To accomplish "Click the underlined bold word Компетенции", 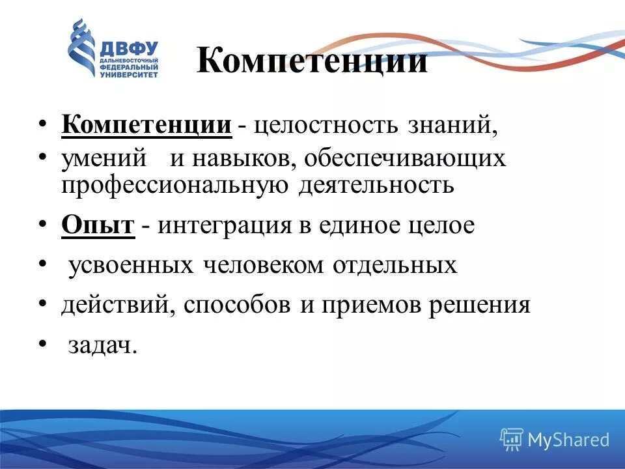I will pos(146,124).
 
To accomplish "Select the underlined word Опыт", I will pos(98,225).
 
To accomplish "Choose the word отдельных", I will pos(395,266).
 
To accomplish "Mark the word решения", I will pos(478,306).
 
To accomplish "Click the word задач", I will pos(103,345).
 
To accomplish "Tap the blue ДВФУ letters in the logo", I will pos(129,49).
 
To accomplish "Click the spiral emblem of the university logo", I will pos(82,49).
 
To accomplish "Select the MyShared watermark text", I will pos(568,440).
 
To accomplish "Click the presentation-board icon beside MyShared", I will pos(512,440).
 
